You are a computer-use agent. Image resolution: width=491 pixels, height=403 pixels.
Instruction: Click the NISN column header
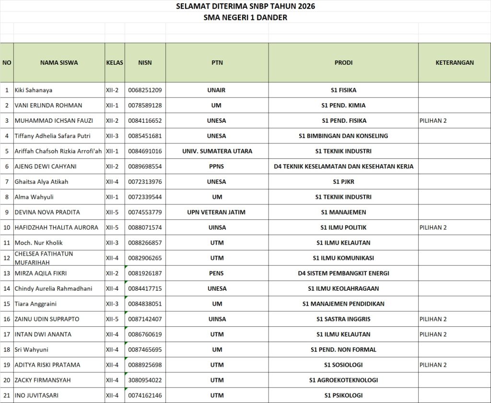coord(145,62)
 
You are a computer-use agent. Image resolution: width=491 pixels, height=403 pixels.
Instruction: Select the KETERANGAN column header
coord(455,62)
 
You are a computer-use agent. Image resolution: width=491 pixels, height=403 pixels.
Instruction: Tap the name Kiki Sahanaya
coord(34,90)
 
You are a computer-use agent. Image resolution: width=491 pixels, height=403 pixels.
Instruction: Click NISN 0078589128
coord(145,105)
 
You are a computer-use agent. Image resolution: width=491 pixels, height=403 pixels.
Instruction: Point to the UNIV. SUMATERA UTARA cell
coord(217,151)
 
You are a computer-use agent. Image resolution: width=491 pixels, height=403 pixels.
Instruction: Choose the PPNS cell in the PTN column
coord(217,166)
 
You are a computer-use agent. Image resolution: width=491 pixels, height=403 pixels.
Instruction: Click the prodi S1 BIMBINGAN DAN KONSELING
coord(343,136)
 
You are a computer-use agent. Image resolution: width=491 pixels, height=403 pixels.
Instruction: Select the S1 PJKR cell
coord(343,182)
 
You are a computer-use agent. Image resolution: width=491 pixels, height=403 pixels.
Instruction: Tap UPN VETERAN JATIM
coord(217,212)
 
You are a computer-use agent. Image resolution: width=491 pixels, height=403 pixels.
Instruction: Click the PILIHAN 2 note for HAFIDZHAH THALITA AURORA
coord(433,227)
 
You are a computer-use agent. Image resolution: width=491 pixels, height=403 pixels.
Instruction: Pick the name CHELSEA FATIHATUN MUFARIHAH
coord(44,258)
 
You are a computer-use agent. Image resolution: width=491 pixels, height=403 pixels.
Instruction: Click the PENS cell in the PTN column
coord(217,273)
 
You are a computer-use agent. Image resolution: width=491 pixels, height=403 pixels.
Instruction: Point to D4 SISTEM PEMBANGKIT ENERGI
coord(343,273)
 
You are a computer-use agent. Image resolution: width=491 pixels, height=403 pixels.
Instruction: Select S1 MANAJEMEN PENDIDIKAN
coord(343,304)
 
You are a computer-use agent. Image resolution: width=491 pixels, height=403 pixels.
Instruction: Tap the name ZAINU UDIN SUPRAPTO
coord(47,319)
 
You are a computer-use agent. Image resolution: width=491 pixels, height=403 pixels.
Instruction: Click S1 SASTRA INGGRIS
coord(343,319)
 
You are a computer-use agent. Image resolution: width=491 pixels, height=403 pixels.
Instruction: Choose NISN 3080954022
coord(145,380)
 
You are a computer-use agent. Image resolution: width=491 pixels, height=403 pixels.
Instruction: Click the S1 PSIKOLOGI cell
coord(343,395)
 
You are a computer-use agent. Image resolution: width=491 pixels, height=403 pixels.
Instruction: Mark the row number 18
coord(7,349)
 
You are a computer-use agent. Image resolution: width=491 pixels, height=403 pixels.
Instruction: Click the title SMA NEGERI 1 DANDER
coord(245,18)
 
